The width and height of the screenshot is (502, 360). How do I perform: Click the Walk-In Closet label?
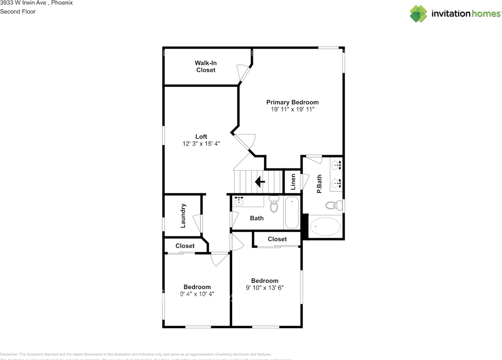click(x=206, y=66)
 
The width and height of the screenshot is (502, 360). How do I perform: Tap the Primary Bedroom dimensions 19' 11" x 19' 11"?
click(x=293, y=110)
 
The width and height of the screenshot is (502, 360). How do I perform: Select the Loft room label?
click(x=201, y=136)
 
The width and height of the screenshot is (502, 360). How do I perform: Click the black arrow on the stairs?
click(x=259, y=182)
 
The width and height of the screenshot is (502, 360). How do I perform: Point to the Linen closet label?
click(x=293, y=182)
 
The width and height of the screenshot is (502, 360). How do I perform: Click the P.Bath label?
click(x=319, y=184)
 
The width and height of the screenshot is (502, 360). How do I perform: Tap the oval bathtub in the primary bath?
click(x=325, y=227)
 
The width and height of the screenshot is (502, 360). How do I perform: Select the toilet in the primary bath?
click(x=333, y=205)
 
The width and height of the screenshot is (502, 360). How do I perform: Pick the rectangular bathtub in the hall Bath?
click(x=292, y=213)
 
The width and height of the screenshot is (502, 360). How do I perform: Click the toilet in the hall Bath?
click(x=274, y=204)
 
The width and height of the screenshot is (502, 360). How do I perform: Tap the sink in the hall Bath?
click(x=239, y=202)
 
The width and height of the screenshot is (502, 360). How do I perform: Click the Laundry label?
click(x=183, y=216)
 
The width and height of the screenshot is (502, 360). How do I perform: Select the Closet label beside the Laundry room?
click(x=185, y=246)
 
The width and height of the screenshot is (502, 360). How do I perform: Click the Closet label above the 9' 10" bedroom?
click(x=277, y=239)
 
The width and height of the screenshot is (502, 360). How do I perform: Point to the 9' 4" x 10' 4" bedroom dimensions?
click(x=197, y=294)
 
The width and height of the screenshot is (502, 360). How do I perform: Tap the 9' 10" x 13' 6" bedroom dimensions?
click(x=265, y=287)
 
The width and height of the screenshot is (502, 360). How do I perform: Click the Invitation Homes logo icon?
click(x=418, y=14)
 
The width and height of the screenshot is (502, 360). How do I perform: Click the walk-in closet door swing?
click(x=242, y=73)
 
